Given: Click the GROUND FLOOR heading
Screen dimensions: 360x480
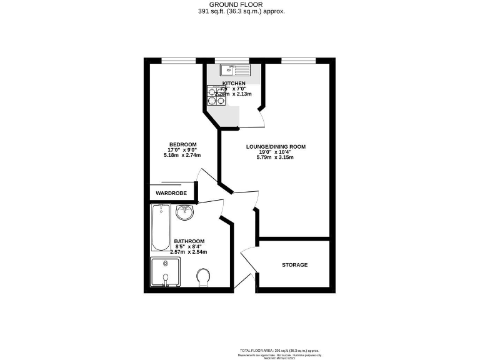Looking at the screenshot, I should [x=240, y=4].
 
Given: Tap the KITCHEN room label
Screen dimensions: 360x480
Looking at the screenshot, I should [x=234, y=83].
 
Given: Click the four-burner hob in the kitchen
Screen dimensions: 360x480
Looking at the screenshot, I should [x=216, y=96].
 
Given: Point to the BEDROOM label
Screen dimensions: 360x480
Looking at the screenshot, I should [x=183, y=144].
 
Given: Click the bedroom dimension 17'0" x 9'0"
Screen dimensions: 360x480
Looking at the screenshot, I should [x=183, y=150].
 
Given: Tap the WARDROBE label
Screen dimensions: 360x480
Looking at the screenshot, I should [x=171, y=193].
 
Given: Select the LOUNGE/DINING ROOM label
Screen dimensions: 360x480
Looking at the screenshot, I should [x=276, y=146].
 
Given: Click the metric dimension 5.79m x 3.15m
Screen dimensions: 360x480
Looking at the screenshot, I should [x=276, y=157].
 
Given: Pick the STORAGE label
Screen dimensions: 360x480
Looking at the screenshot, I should [x=294, y=265].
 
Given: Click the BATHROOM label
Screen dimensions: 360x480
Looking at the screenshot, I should [x=189, y=241].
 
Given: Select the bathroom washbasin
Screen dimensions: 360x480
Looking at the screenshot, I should [x=185, y=214].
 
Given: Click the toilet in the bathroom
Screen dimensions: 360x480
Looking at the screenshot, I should [x=203, y=277].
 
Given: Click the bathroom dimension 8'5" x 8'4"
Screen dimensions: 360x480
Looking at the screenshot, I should [x=189, y=247].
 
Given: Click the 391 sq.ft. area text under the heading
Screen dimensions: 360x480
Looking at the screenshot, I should [x=240, y=11].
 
